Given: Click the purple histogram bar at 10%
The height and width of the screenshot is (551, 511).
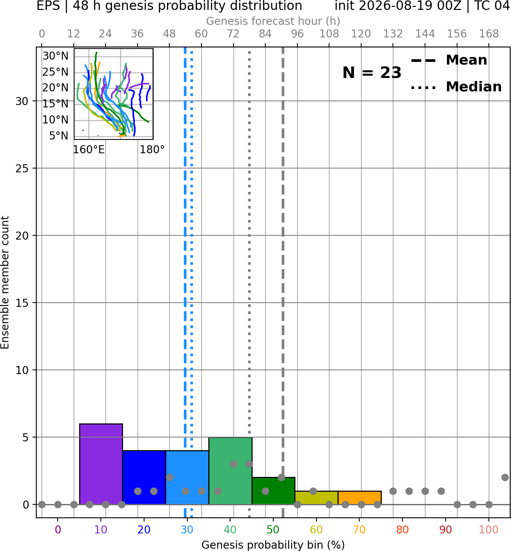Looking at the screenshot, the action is [x=101, y=464].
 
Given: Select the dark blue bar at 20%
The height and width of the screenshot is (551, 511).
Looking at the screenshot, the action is [x=144, y=478].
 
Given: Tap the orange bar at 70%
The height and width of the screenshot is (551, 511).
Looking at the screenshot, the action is [x=360, y=498].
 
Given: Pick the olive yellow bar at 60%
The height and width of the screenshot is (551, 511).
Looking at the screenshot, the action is [x=317, y=498].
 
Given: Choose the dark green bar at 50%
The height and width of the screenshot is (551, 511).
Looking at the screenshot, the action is [x=274, y=491].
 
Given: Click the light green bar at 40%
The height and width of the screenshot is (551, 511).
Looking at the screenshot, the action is [x=230, y=471].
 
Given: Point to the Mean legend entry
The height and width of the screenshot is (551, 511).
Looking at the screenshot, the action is [x=449, y=60].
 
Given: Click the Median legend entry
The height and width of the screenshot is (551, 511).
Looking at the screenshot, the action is [x=456, y=87].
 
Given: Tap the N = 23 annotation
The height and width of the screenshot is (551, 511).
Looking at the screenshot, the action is [x=372, y=73].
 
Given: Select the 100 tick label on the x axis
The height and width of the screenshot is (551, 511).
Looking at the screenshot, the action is [x=489, y=530].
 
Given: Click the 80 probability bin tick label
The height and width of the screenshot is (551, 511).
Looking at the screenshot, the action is [x=402, y=530].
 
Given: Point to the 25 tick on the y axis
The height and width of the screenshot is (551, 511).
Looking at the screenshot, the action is [x=22, y=169].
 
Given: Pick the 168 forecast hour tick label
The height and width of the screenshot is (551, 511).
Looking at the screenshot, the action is [x=489, y=34].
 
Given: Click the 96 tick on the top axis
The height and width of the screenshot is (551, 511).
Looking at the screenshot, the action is [x=297, y=34].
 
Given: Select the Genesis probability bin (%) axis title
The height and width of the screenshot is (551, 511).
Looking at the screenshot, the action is [x=273, y=545].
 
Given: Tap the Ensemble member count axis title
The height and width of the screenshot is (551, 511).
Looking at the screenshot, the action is [x=5, y=282].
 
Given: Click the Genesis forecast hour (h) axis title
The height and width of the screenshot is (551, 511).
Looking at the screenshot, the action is [x=273, y=21].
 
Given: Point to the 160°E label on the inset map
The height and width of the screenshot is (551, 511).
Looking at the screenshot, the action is [x=89, y=149].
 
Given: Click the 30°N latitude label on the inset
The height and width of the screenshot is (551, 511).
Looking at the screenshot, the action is [x=55, y=56].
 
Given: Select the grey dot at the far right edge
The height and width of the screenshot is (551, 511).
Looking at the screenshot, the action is [x=505, y=478].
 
